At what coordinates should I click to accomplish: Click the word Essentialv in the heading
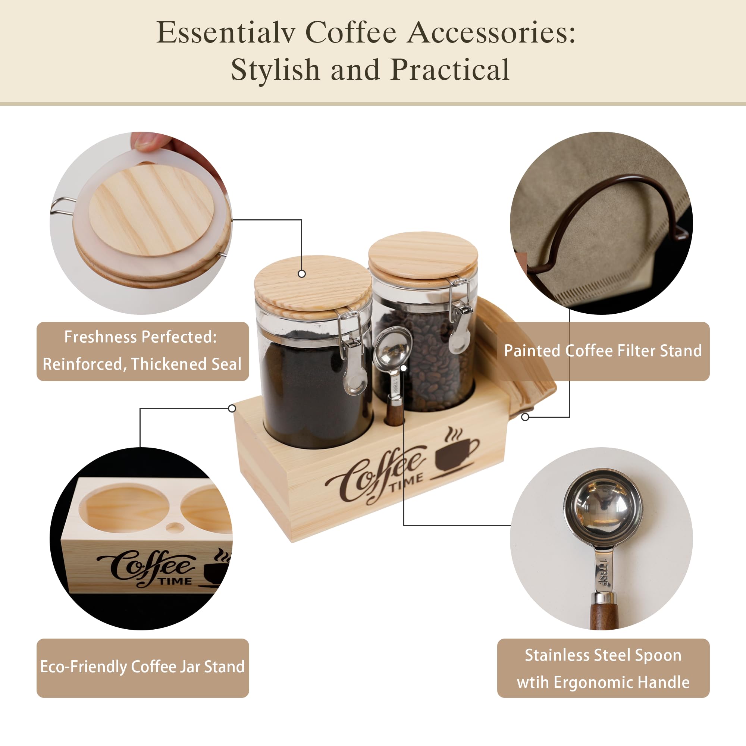point(226,32)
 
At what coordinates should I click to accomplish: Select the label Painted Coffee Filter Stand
point(603,351)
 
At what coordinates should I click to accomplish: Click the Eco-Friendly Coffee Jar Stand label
point(142,667)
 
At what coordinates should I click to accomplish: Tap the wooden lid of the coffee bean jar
point(423,253)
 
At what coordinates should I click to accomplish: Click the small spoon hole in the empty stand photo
point(175,527)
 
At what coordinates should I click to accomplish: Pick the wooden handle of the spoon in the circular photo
point(604,614)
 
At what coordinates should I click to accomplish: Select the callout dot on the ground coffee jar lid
point(302,274)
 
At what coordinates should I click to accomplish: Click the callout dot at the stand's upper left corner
point(232,408)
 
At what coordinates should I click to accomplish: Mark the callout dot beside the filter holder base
point(525,417)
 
